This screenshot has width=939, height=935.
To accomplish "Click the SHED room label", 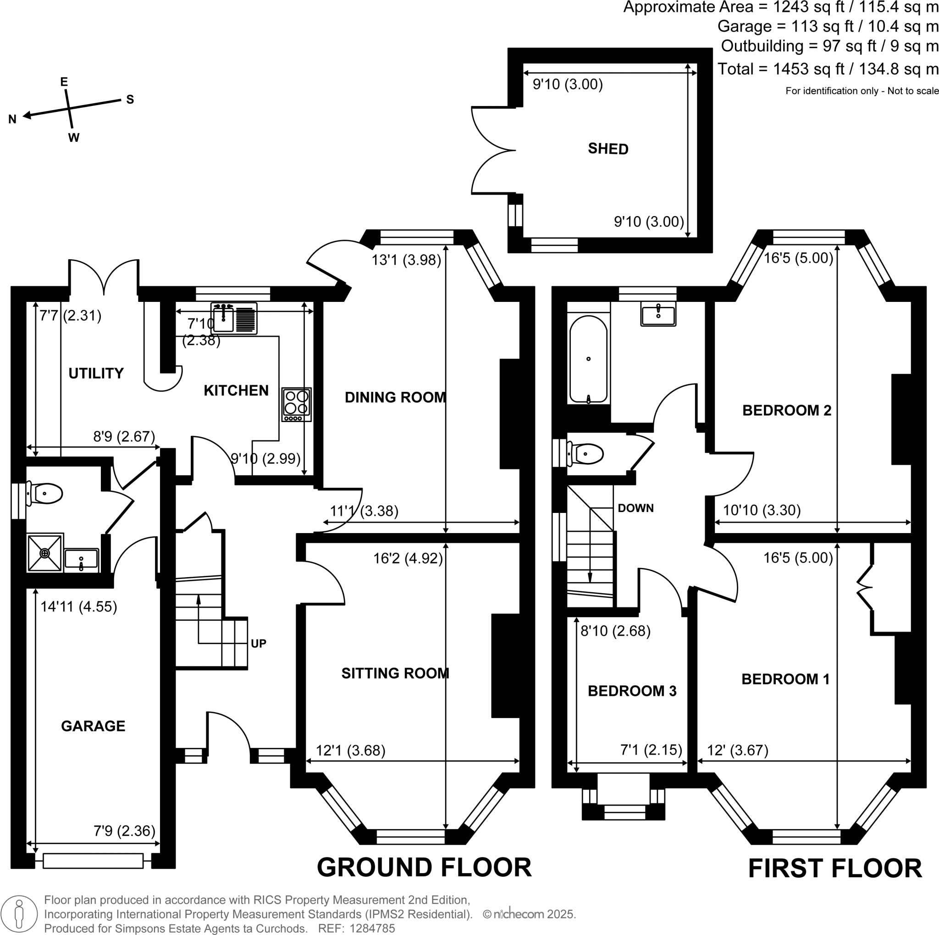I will coord(608,149).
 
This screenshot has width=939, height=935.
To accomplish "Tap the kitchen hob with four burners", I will coord(297,404).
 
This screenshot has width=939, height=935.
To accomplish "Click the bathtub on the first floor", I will coord(588,359).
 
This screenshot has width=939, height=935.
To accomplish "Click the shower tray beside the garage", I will coord(45,553).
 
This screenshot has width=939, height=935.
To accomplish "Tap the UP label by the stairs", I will coord(258,643).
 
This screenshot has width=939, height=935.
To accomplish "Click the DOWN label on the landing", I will coord(635,508).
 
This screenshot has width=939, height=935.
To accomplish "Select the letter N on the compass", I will coord(13,119).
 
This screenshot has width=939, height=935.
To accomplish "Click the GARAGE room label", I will coord(93,726).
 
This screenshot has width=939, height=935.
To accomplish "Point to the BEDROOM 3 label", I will coord(632,691).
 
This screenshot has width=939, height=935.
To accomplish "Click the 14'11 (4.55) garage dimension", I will coord(78,607).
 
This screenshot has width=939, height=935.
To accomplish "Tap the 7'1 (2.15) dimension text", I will coord(651,750).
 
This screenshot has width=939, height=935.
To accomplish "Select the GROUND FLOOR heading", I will coord(424,868).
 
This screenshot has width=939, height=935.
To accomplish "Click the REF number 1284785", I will coord(372,928).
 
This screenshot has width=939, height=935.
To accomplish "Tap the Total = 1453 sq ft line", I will coord(827,69).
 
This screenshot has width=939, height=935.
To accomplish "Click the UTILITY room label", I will coord(96,373).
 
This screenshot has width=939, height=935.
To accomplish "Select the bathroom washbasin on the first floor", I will coord(658,314).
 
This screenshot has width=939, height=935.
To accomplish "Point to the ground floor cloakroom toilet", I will coord(47,493).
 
